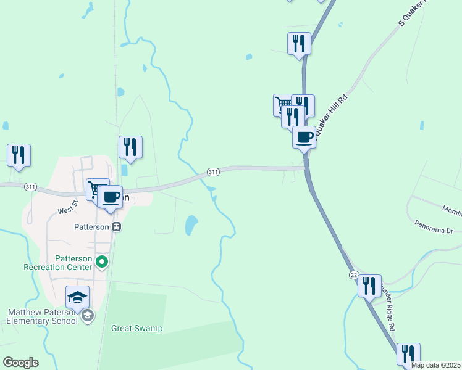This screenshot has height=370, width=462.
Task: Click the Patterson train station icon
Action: (116, 226)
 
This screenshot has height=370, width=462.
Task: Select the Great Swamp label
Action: (136, 328)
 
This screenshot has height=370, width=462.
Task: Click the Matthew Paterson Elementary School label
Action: (41, 316)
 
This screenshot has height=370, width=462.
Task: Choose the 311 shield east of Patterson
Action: (213, 171)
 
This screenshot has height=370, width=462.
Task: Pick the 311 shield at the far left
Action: (30, 186)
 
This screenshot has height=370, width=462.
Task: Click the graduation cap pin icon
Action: (78, 297)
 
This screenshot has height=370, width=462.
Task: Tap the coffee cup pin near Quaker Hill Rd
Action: (304, 137)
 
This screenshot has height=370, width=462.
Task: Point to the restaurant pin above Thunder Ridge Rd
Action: (369, 286)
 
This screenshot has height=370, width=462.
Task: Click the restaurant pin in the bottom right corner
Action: (408, 354)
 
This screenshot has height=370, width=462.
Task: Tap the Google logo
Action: (20, 363)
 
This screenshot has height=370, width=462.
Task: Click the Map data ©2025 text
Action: (435, 365)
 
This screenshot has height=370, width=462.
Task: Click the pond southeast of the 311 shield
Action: (191, 225)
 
